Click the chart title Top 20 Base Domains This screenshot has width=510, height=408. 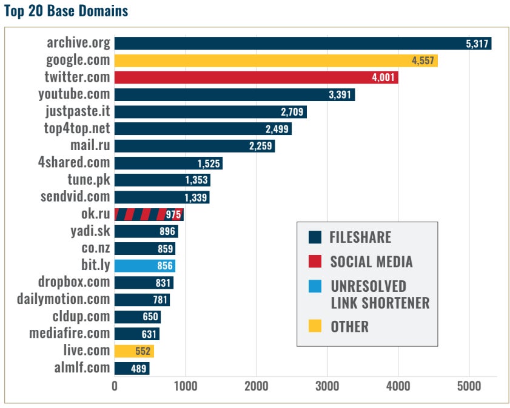pos(65,11)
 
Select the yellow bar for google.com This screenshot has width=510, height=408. pos(276,61)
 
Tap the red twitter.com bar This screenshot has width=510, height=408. pos(256,77)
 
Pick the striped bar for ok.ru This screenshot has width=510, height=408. pos(149,214)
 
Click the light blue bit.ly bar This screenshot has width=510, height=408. pos(144,266)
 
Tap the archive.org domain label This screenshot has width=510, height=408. pos(79,43)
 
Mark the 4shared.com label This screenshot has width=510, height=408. pos(74,162)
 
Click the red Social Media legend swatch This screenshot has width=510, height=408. pos(315,262)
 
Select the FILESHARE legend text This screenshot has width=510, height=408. pos(360,237)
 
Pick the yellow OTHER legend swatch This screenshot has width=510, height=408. pos(315,326)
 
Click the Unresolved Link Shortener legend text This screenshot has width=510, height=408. pos(380,294)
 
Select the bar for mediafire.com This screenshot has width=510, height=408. pos(136,334)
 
